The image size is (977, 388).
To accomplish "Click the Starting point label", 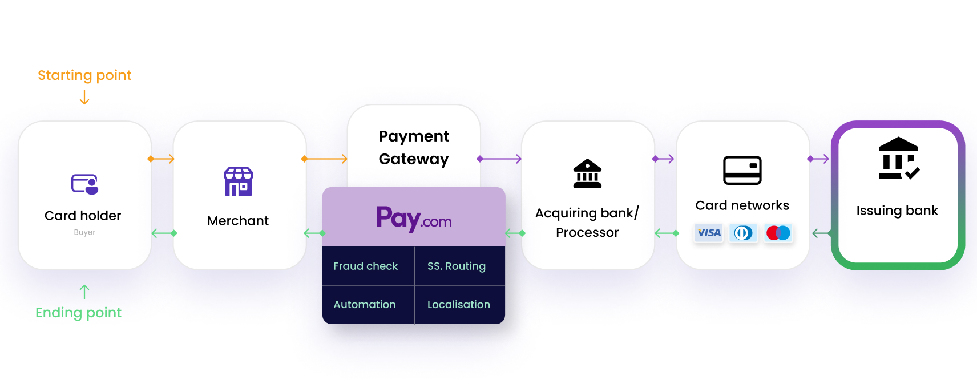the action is click(84, 75).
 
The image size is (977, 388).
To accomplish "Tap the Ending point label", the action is click(79, 313).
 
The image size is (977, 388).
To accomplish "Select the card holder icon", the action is click(84, 184).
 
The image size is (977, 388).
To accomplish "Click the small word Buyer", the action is click(84, 232).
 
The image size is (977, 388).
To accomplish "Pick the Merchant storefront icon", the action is click(238, 181).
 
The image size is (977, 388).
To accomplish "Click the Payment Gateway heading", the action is click(414, 147).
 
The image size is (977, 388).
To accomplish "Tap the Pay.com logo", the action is click(414, 219).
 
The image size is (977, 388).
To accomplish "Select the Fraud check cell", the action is click(368, 266).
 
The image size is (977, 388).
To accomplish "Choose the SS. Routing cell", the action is click(460, 266).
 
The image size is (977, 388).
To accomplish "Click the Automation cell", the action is click(368, 305).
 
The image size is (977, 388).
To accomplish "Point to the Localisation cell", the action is click(460, 305).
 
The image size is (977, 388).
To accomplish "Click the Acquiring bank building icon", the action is click(587, 173).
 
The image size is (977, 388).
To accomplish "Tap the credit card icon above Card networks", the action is click(742, 171).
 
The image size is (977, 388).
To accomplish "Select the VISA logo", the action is click(709, 233).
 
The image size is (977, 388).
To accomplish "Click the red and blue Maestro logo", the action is click(778, 233).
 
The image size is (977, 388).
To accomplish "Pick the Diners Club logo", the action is click(744, 233).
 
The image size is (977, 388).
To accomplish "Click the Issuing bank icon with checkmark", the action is click(898, 158).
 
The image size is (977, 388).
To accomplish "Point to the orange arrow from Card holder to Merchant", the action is click(161, 159).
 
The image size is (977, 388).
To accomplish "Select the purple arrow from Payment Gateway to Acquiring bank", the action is click(499, 159).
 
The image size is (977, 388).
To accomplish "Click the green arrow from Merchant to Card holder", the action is click(164, 233).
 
